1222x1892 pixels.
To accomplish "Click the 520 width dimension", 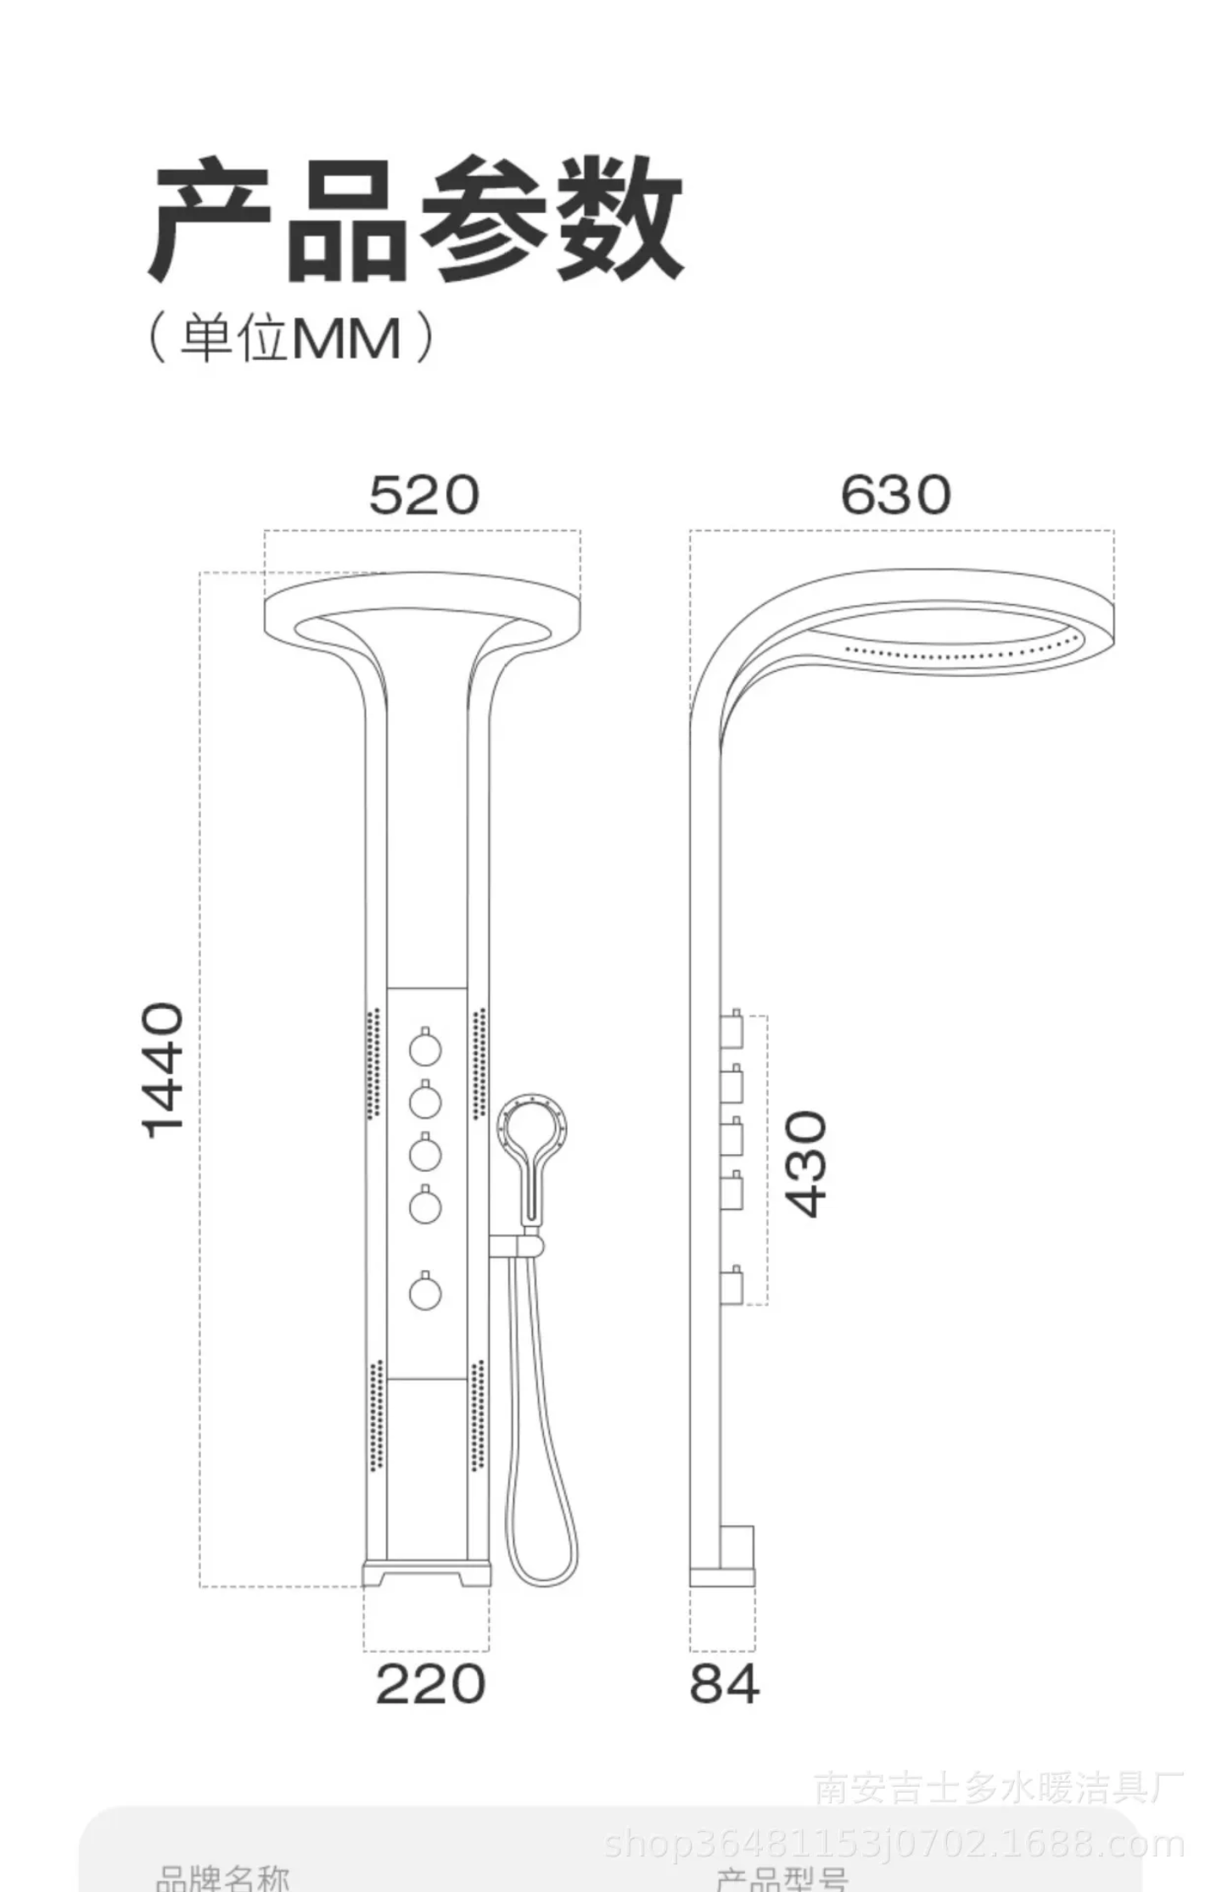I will pyautogui.click(x=423, y=495).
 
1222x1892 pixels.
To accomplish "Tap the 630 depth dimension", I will pyautogui.click(x=894, y=495).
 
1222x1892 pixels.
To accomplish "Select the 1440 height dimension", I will pyautogui.click(x=163, y=1070).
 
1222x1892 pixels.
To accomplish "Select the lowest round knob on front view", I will pyautogui.click(x=425, y=1293).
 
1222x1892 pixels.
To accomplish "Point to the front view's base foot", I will pyautogui.click(x=426, y=1572).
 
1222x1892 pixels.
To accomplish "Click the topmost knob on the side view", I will pyautogui.click(x=732, y=1029).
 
